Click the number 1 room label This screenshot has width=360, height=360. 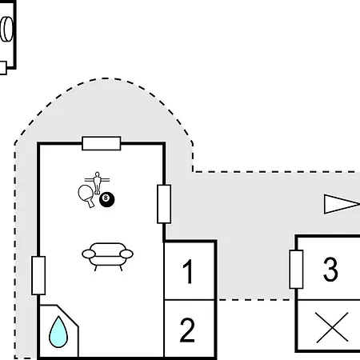click(188, 271)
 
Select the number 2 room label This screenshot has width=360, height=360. click(187, 330)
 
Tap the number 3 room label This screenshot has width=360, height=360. click(330, 270)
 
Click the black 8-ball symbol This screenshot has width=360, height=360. click(107, 200)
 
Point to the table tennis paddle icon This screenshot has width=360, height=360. click(86, 195)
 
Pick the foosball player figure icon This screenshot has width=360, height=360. click(97, 182)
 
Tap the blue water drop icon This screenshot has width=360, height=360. click(58, 332)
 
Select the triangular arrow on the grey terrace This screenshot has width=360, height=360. click(342, 204)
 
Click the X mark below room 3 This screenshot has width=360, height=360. click(332, 327)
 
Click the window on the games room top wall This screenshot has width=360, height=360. click(102, 143)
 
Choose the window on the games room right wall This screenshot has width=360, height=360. click(164, 204)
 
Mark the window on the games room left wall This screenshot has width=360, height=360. click(38, 275)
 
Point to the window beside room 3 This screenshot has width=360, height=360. click(296, 270)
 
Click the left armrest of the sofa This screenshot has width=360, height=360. click(89, 254)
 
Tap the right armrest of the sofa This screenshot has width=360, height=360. click(126, 254)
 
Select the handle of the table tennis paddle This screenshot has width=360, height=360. click(90, 203)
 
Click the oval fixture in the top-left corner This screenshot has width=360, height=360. click(6, 29)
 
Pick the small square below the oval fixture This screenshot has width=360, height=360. click(3, 68)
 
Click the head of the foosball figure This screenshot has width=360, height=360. click(97, 174)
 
